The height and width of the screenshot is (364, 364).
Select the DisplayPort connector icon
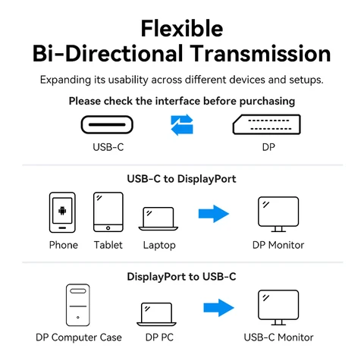coord(268,124)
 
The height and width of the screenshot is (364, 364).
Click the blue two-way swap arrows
coord(182,124)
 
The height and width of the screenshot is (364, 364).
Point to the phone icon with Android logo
coord(63,213)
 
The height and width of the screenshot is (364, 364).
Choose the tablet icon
coord(108,212)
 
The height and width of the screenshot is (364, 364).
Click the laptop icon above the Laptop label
coord(158,218)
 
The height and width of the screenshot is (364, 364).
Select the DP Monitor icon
coord(278,215)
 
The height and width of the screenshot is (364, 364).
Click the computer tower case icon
coord(79,307)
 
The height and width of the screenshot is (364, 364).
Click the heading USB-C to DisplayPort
coord(181,179)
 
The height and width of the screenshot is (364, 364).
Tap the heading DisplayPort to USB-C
coord(181,276)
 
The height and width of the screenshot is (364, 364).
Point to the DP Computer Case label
coord(79,337)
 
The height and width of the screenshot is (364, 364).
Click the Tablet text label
coord(108,245)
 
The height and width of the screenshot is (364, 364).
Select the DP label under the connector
coord(268,147)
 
